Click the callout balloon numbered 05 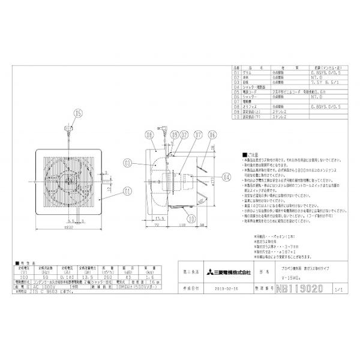(x=77, y=112)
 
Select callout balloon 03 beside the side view (x=127, y=163)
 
